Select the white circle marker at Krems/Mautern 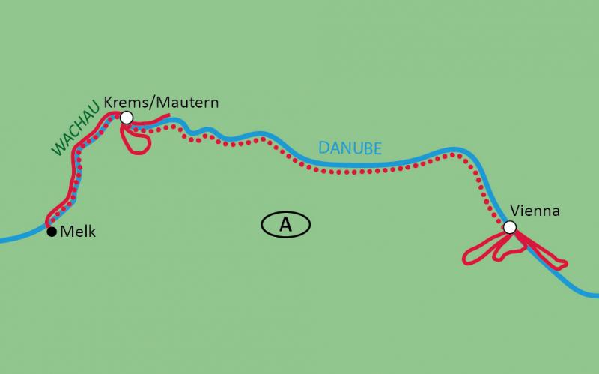[x=126, y=117]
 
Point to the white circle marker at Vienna [x=509, y=227]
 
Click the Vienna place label [x=535, y=211]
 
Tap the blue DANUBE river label [x=349, y=147]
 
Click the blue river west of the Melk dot [x=19, y=238]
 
